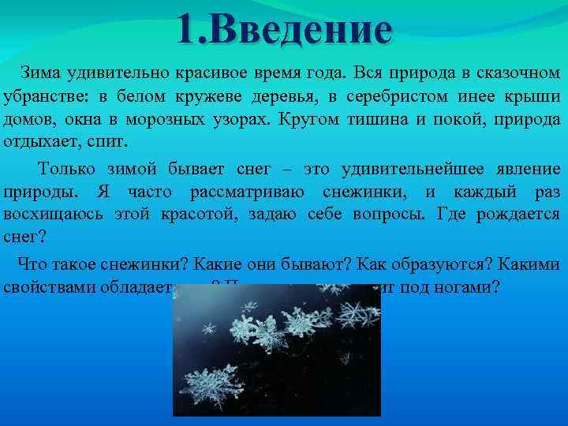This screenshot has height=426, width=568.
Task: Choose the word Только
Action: click(x=68, y=168)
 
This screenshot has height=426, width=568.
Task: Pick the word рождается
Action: click(x=521, y=215)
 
